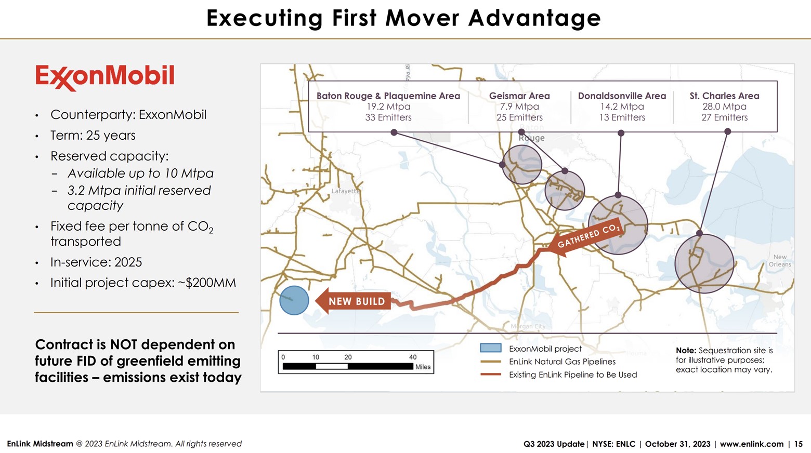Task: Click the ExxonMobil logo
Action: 104,77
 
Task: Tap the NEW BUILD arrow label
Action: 356,301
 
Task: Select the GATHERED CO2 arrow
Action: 587,237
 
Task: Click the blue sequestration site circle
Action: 294,300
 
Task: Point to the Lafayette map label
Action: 345,191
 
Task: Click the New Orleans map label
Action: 780,260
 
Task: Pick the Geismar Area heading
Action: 519,96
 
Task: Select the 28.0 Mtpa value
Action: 724,106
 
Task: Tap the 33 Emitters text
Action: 388,117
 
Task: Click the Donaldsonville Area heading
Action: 622,96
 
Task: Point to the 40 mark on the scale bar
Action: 413,357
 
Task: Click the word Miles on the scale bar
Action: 423,367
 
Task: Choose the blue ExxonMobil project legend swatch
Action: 490,348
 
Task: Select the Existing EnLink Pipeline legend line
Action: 490,375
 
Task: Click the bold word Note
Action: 686,351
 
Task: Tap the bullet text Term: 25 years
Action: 93,136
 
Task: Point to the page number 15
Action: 798,444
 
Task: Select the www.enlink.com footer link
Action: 751,444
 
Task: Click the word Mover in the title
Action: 422,18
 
